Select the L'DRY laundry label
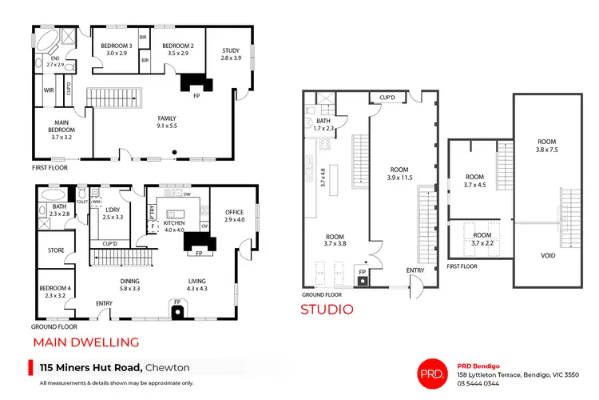[x=113, y=214]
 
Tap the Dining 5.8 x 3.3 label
[x=129, y=283]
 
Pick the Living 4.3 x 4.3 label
[x=197, y=283]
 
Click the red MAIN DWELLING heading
[x=85, y=342]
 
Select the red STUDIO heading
[x=327, y=309]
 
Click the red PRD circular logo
[x=435, y=374]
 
